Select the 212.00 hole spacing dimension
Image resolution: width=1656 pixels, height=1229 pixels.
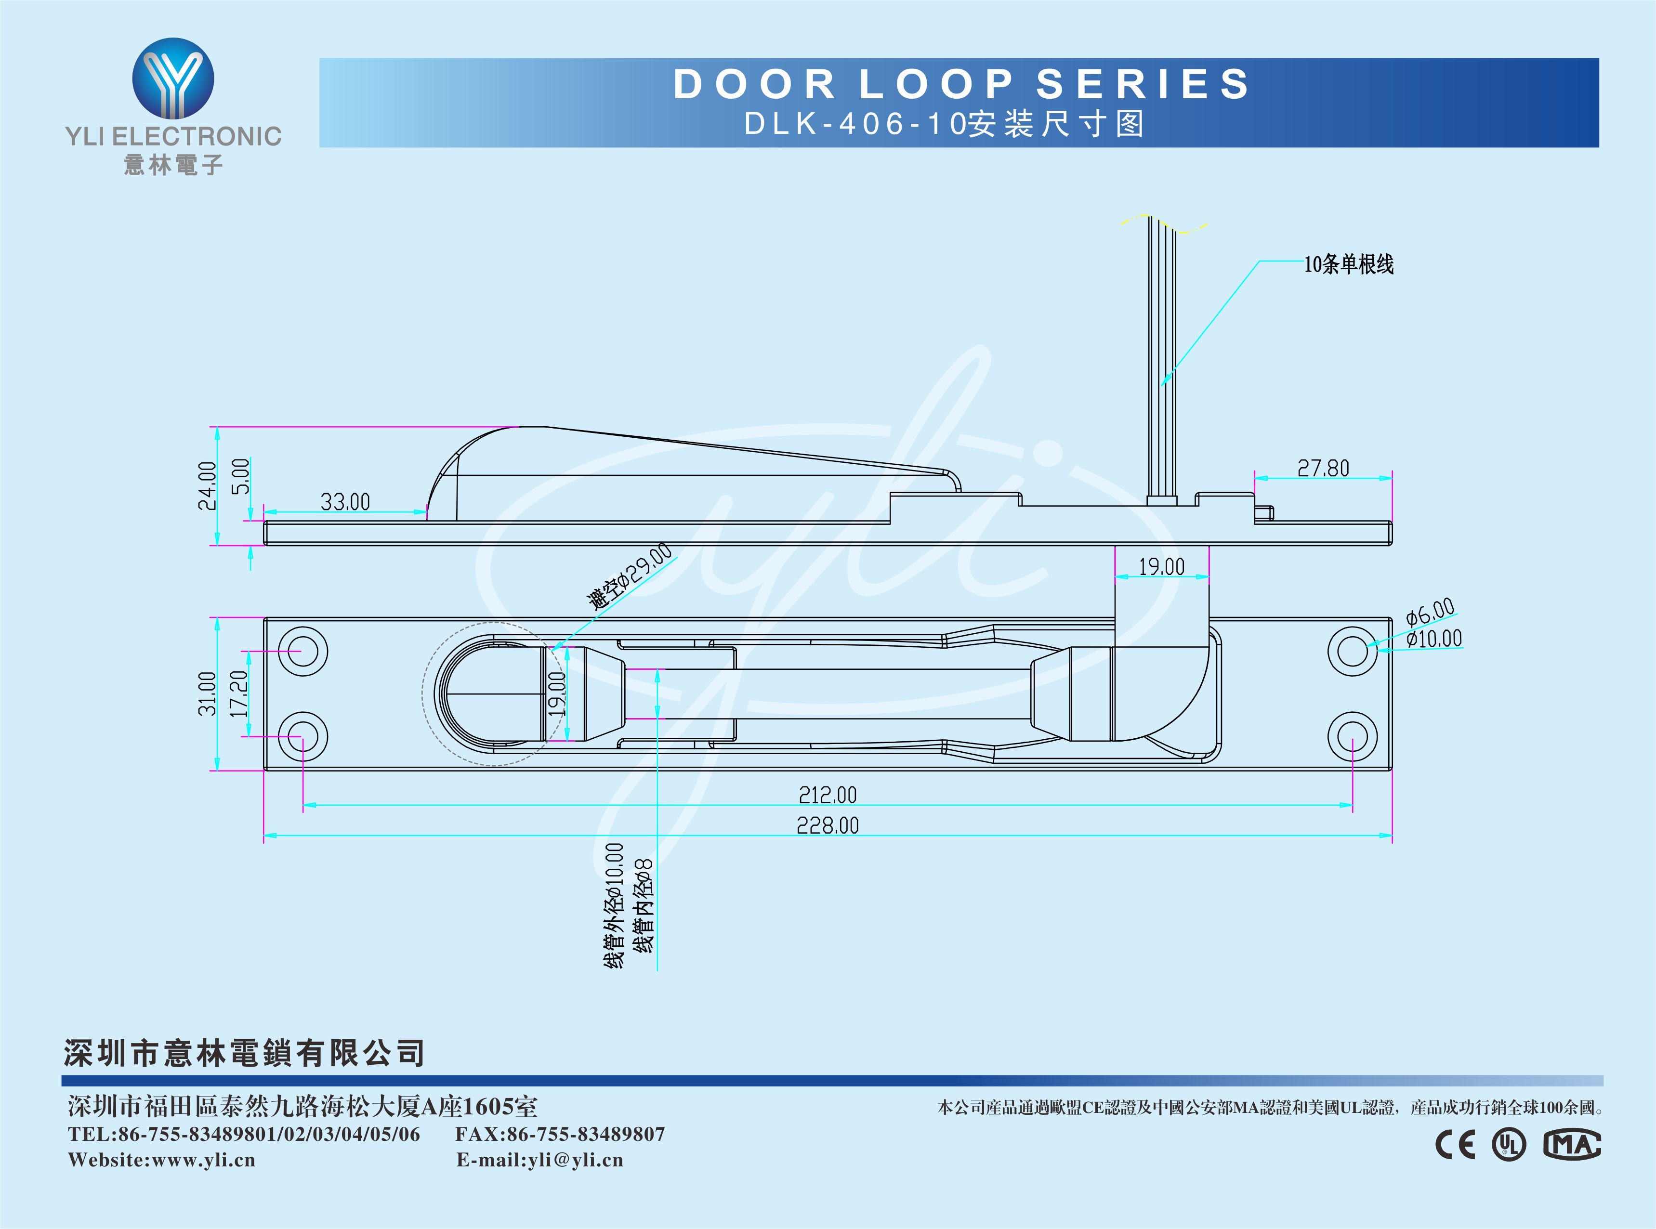tap(827, 795)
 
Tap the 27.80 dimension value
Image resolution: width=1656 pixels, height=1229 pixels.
tap(1323, 469)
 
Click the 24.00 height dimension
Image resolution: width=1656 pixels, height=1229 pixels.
tap(207, 486)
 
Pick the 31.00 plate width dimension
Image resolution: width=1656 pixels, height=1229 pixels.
tap(207, 693)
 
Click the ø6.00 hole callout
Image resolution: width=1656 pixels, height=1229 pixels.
tap(1430, 613)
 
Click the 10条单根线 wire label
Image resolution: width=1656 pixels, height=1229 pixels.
tap(1348, 264)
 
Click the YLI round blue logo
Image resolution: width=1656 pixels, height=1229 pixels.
tap(173, 79)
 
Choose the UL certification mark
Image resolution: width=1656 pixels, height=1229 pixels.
tap(1509, 1144)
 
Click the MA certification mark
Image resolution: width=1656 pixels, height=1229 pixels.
tap(1572, 1144)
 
